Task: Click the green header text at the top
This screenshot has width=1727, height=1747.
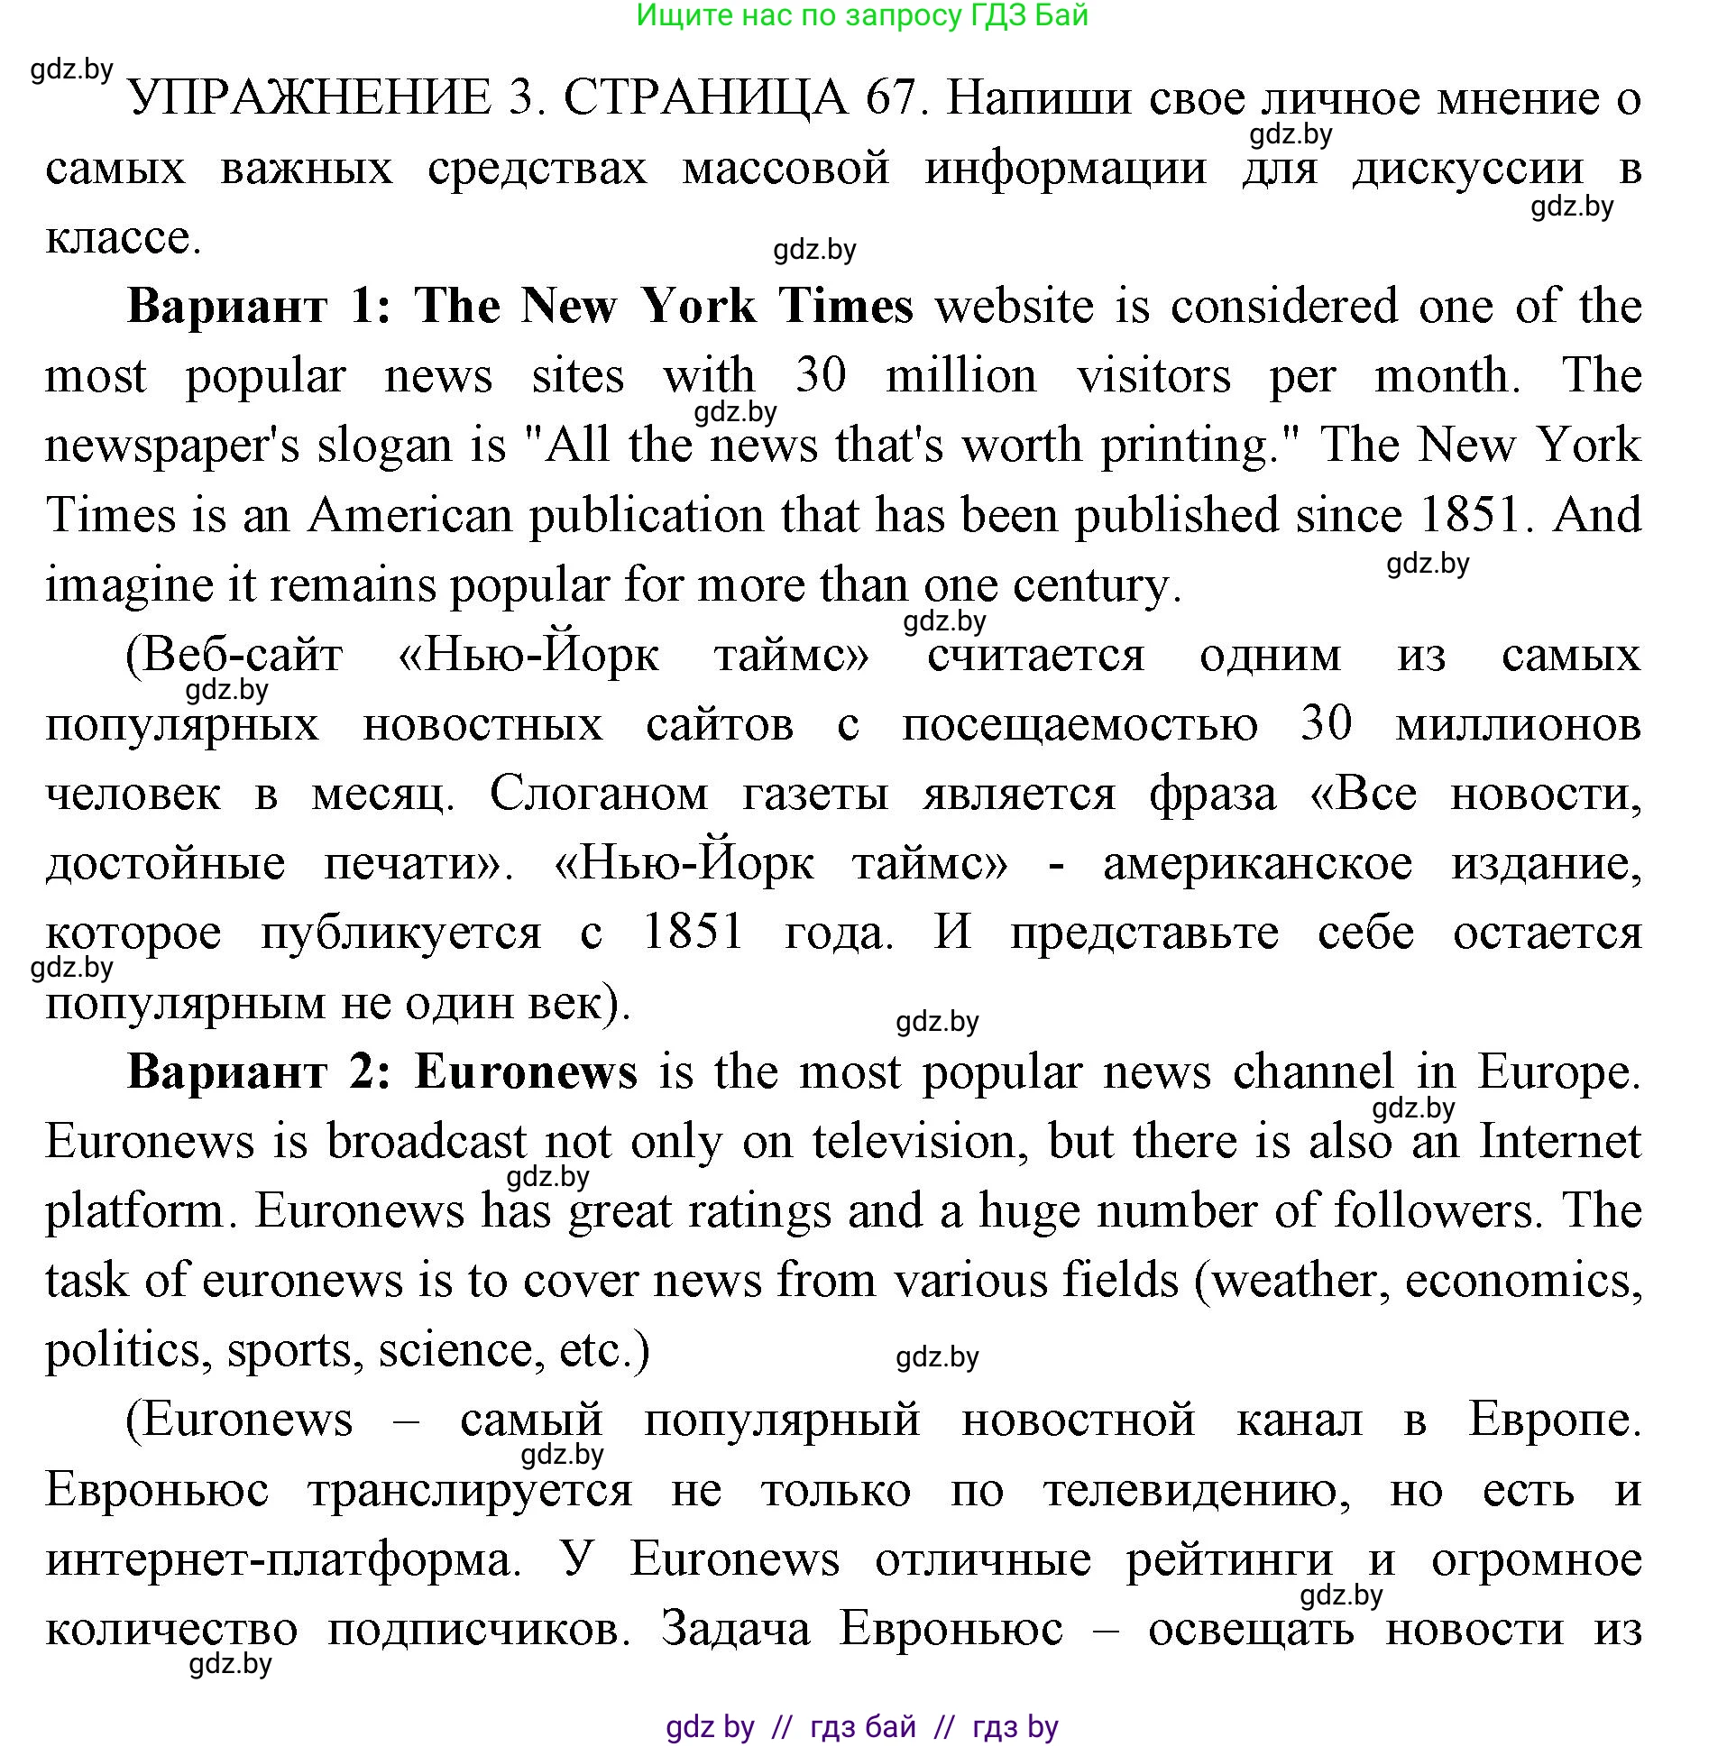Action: click(861, 15)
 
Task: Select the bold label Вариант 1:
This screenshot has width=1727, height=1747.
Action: click(260, 307)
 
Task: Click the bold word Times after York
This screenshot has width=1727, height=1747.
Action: click(846, 307)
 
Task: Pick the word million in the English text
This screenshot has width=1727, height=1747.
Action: click(960, 376)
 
